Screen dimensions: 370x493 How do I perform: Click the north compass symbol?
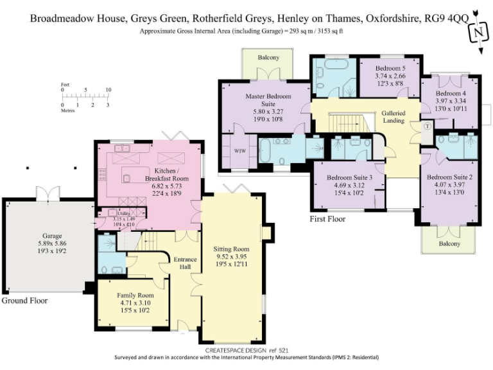(x=477, y=31)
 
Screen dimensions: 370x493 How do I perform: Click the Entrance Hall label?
(x=186, y=263)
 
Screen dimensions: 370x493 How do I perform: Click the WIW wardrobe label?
(x=239, y=151)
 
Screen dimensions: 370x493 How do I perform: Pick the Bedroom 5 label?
(x=390, y=68)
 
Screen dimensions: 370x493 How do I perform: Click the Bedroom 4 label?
(x=450, y=94)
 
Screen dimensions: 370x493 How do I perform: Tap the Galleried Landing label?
(x=394, y=116)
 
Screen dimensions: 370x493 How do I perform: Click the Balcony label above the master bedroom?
(x=268, y=58)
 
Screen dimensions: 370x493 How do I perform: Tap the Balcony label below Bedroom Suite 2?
(x=449, y=243)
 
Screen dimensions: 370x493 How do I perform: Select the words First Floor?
(x=327, y=220)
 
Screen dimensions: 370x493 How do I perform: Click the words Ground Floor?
(x=24, y=301)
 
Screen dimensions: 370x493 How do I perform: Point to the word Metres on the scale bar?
(x=67, y=110)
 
